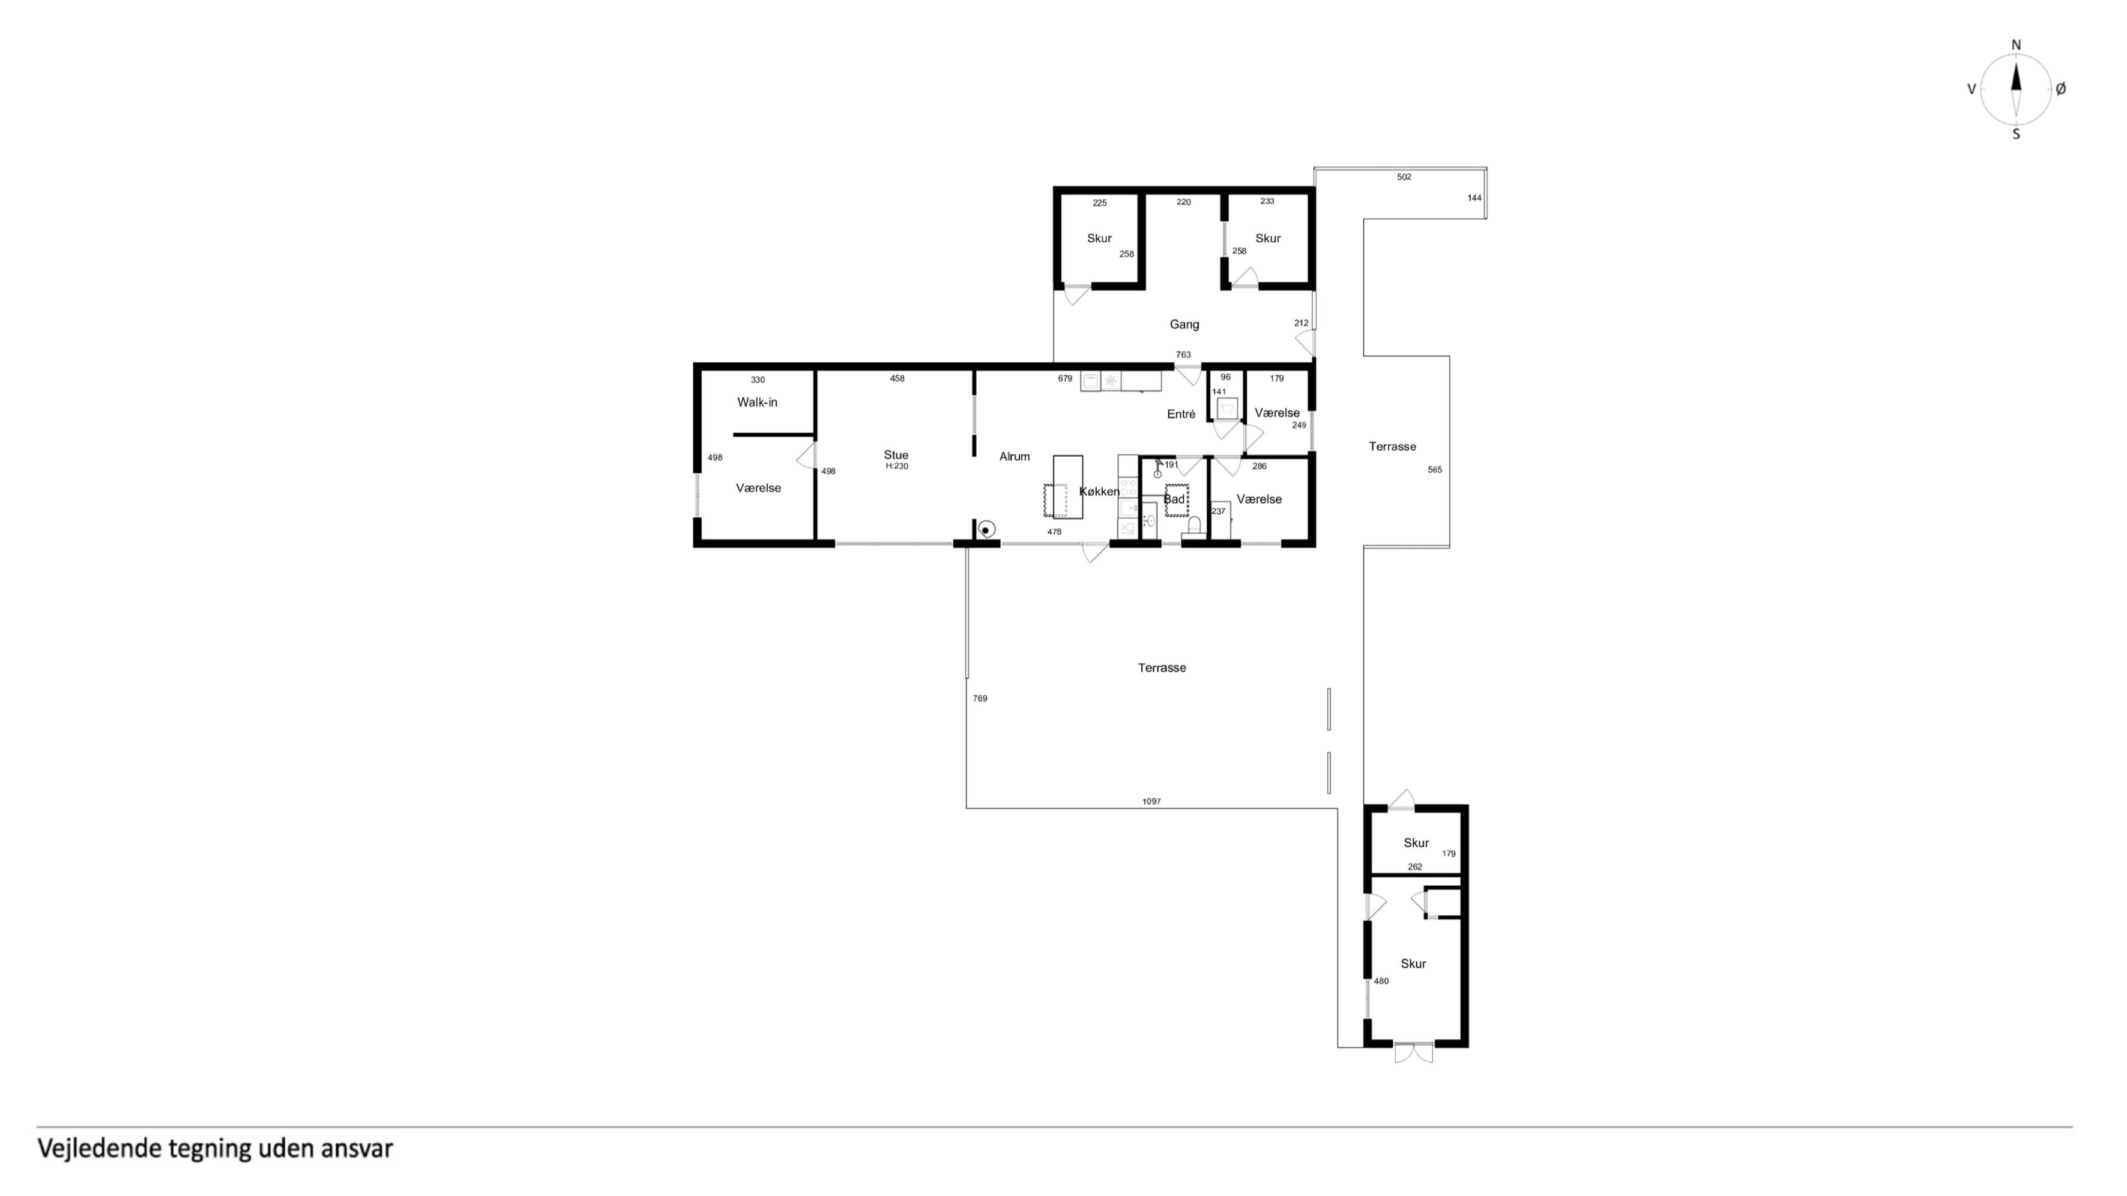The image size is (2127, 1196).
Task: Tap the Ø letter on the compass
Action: point(2060,89)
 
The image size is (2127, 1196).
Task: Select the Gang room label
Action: point(1184,325)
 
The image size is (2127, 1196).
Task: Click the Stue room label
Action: point(896,455)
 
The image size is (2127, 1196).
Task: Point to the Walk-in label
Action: point(757,403)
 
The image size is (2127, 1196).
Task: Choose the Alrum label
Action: point(1015,457)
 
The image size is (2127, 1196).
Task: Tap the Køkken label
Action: point(1099,492)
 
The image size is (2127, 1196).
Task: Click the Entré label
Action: point(1181,414)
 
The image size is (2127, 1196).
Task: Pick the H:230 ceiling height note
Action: point(897,466)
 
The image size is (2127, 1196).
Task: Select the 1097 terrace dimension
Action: point(1151,802)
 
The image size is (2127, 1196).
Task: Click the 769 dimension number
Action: point(980,699)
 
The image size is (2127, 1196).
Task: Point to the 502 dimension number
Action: point(1404,176)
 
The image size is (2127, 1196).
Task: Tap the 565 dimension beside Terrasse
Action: point(1435,470)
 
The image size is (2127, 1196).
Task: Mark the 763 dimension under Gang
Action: point(1183,355)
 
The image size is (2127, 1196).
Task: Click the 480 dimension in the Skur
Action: point(1381,981)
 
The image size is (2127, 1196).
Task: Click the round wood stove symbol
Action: point(986,529)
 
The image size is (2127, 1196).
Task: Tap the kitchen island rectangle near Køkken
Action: point(1067,487)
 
